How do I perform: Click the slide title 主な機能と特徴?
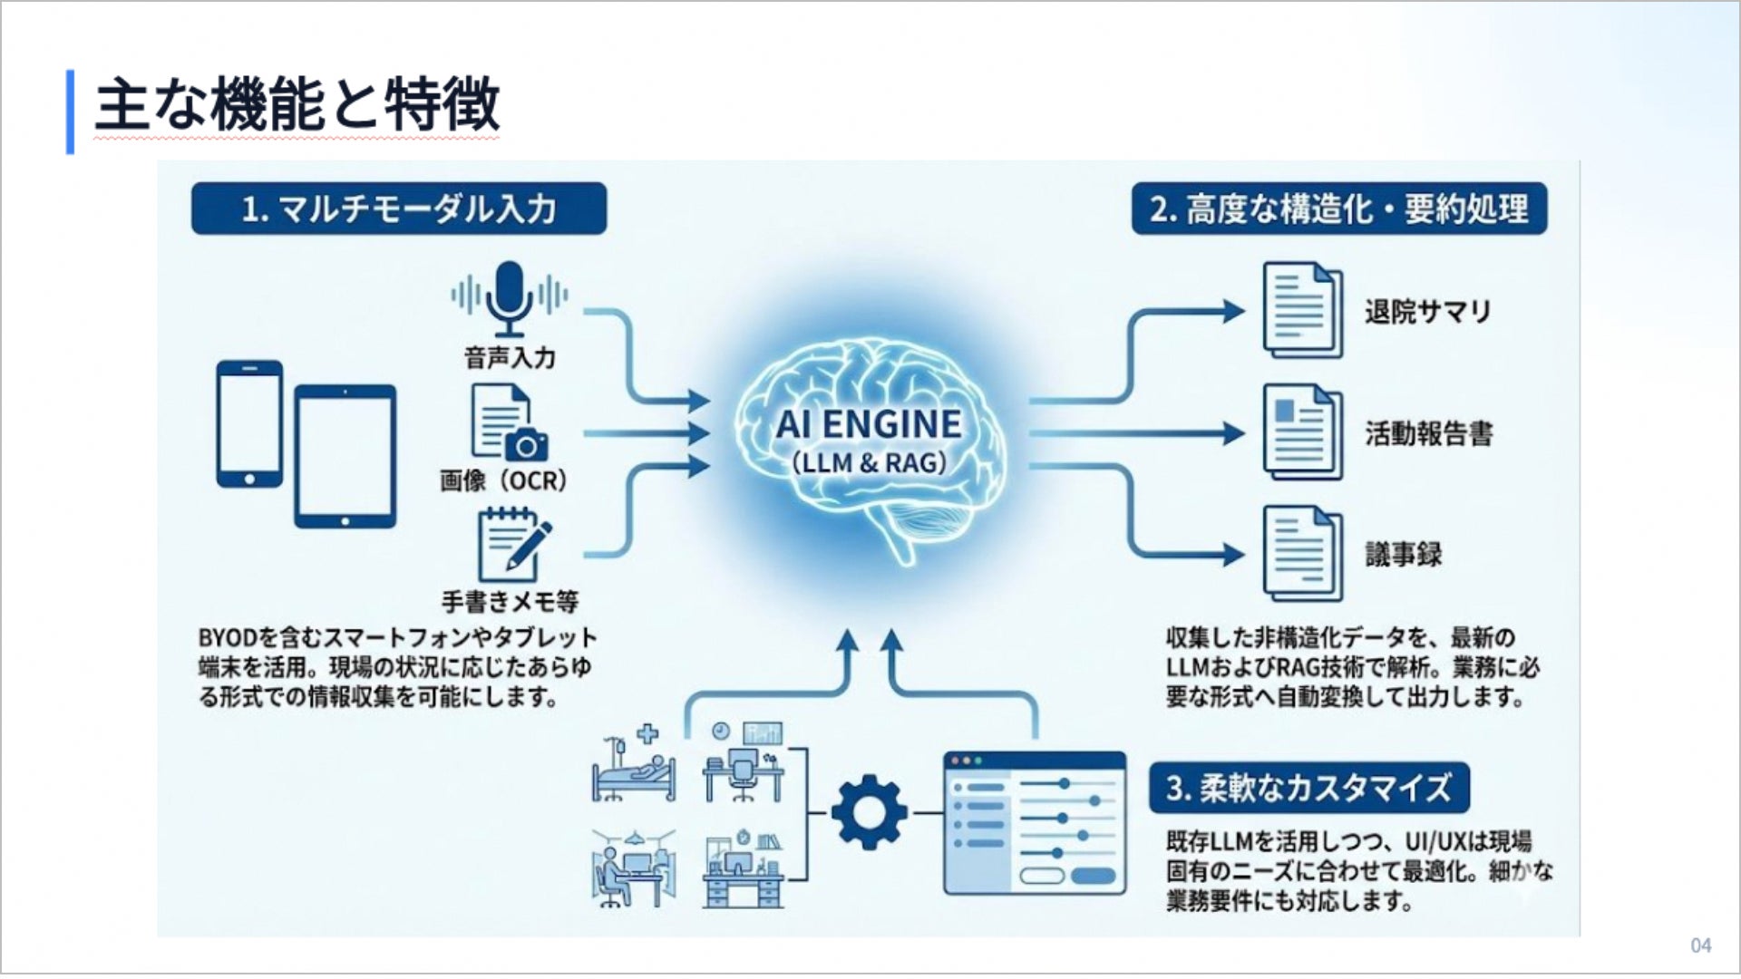click(297, 104)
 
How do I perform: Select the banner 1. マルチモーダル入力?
click(399, 208)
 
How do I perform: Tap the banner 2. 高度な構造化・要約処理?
click(1339, 208)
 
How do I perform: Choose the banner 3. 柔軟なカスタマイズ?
click(1309, 788)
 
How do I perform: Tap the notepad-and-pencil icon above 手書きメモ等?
click(513, 544)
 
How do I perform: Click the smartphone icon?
click(249, 423)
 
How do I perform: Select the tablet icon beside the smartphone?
click(345, 456)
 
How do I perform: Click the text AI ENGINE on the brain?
click(869, 423)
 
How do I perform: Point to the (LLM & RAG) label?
click(869, 462)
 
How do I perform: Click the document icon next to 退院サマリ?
click(1303, 310)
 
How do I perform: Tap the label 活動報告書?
click(1429, 433)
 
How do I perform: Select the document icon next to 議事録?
click(1303, 554)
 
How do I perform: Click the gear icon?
click(869, 812)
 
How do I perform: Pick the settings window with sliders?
click(1035, 823)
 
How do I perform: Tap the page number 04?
click(1701, 945)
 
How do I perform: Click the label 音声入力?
click(510, 358)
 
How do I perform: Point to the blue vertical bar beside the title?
click(70, 111)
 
